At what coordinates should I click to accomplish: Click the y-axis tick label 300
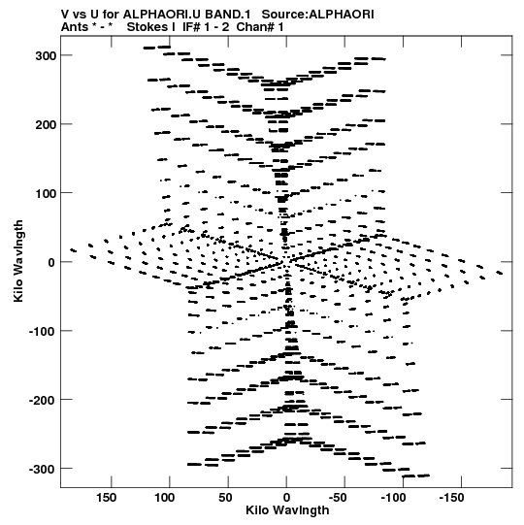pos(46,55)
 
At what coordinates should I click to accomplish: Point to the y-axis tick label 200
pos(46,124)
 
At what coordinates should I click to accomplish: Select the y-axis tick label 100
pos(46,193)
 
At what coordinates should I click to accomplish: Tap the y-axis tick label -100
pos(42,331)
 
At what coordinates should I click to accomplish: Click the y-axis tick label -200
pos(42,400)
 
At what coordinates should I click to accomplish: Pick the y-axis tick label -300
pos(42,469)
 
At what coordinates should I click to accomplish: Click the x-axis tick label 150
pos(106,498)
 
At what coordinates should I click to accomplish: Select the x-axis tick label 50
pos(225,498)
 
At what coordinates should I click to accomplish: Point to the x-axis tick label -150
pos(451,498)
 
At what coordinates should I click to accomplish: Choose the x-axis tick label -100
pos(393,498)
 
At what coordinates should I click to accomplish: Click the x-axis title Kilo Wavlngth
pos(287,510)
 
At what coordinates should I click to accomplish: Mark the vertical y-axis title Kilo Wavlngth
pos(18,261)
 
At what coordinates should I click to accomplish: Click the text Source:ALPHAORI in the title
pos(317,15)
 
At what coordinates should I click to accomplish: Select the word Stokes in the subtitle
pos(147,27)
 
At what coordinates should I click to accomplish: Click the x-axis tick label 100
pos(164,498)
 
